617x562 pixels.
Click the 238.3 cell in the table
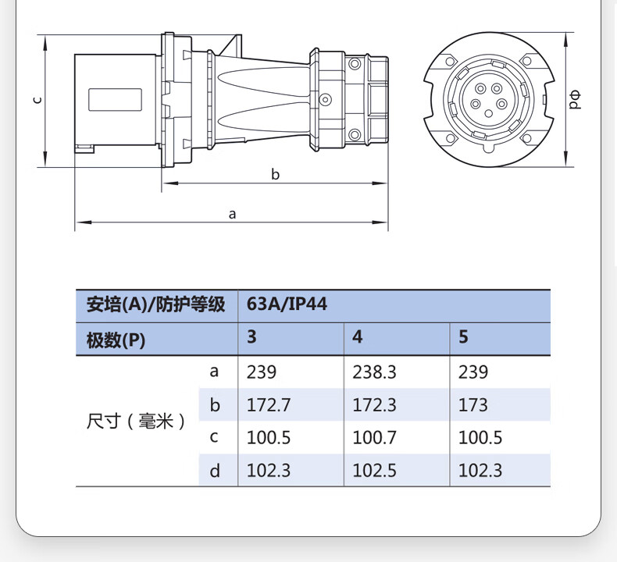(374, 372)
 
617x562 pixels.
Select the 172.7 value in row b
(269, 405)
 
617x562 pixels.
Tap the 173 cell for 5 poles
(473, 405)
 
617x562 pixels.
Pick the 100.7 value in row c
(374, 438)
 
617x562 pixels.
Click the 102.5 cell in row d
(374, 471)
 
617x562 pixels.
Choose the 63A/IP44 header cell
(287, 304)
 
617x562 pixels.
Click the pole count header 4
(357, 337)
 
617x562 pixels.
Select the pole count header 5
(464, 337)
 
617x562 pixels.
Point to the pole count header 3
(251, 337)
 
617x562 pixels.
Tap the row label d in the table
(215, 471)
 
